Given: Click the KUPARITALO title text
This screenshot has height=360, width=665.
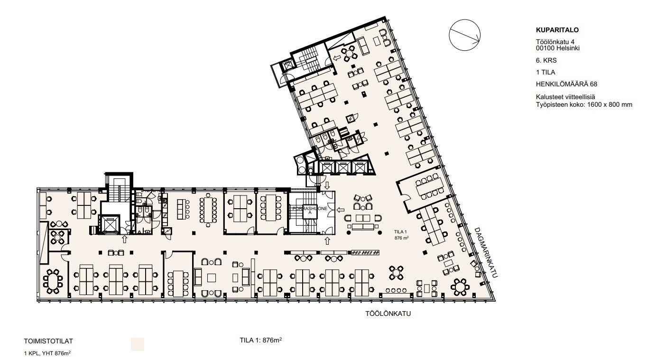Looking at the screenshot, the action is [557, 30].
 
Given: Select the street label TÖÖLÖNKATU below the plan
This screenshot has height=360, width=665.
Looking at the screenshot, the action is [388, 314].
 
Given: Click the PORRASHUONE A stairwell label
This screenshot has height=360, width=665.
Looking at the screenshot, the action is [310, 211].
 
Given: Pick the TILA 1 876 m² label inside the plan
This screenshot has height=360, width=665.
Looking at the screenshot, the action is [401, 235].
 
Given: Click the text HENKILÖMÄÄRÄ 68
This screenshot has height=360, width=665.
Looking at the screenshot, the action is [566, 84].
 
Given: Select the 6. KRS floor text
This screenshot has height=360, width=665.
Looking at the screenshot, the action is [546, 61].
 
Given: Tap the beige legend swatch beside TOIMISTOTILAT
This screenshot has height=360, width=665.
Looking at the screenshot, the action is [138, 344].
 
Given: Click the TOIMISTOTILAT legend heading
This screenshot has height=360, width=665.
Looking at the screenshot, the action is [48, 342].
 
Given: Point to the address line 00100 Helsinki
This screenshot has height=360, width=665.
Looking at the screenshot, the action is [557, 48].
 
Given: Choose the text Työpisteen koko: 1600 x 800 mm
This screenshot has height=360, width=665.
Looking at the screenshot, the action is [584, 105].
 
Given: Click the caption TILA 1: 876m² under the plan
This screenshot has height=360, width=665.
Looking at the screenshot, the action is [261, 340].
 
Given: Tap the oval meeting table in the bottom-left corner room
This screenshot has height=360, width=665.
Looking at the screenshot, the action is [53, 281].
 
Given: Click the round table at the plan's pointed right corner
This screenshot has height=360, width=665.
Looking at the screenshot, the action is [460, 287].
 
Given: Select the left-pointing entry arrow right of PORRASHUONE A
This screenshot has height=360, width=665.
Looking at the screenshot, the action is [340, 210].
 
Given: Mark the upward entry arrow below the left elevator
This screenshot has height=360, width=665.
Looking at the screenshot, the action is [124, 239].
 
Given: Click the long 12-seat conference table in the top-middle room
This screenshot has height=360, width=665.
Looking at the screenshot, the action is [208, 210].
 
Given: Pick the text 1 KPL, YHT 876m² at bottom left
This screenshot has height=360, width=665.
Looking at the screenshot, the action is [47, 353].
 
